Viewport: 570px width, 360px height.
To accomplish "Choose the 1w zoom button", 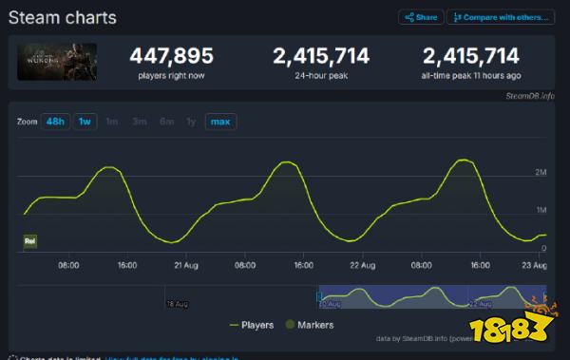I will click(x=85, y=122).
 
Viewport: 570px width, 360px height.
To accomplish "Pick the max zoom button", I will click(x=220, y=122).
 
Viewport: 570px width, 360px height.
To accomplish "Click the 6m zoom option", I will click(x=166, y=122).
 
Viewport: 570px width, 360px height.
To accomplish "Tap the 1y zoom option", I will click(x=192, y=122).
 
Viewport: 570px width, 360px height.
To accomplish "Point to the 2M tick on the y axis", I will click(x=541, y=172).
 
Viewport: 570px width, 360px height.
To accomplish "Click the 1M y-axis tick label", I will click(x=541, y=210).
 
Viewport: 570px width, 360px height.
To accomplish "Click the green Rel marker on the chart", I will click(x=28, y=241).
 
